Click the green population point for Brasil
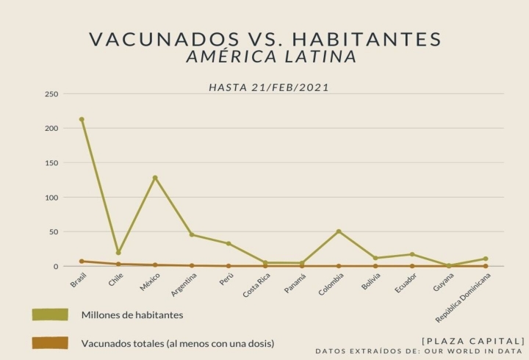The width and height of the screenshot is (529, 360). point(82,119)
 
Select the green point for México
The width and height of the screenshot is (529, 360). point(155,178)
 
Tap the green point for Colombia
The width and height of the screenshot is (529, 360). point(339,231)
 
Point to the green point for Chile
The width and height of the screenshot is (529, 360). point(118,253)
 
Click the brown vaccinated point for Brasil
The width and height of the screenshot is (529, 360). point(82,261)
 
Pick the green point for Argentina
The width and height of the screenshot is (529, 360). point(192,234)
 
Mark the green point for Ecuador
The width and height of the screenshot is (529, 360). point(412,254)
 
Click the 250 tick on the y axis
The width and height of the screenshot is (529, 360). point(51,94)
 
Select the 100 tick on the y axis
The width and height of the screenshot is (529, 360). point(51,198)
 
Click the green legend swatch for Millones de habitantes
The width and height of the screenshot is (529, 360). point(50,314)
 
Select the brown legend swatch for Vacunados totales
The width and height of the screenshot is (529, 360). point(50,342)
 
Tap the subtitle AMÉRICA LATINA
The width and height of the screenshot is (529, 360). point(271,57)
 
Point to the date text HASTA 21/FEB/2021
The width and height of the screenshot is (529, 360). point(269,87)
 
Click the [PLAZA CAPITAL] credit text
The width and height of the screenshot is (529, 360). point(473,340)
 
